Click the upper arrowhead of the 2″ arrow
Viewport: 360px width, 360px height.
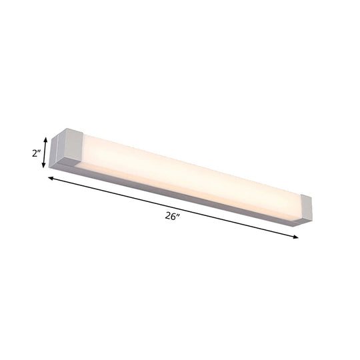coord(46,139)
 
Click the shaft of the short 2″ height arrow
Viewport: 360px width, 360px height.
coord(46,153)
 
